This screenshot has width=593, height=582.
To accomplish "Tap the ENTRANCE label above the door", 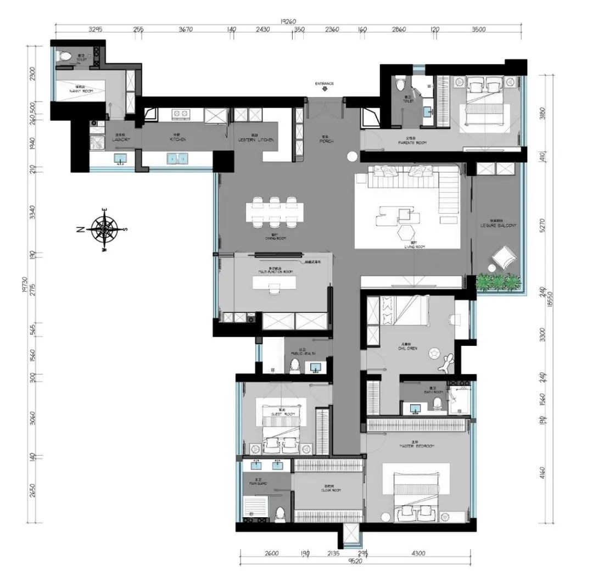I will click(x=325, y=83).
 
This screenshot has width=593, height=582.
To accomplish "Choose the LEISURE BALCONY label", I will click(x=499, y=225).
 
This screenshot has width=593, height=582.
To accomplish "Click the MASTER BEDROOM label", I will click(x=417, y=446).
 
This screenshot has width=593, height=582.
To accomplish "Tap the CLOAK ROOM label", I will click(x=328, y=490).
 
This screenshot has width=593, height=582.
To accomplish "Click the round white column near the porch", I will click(x=352, y=158).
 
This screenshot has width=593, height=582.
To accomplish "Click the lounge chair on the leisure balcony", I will click(x=504, y=258).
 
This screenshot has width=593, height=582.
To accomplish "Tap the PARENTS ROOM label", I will click(x=412, y=143).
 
